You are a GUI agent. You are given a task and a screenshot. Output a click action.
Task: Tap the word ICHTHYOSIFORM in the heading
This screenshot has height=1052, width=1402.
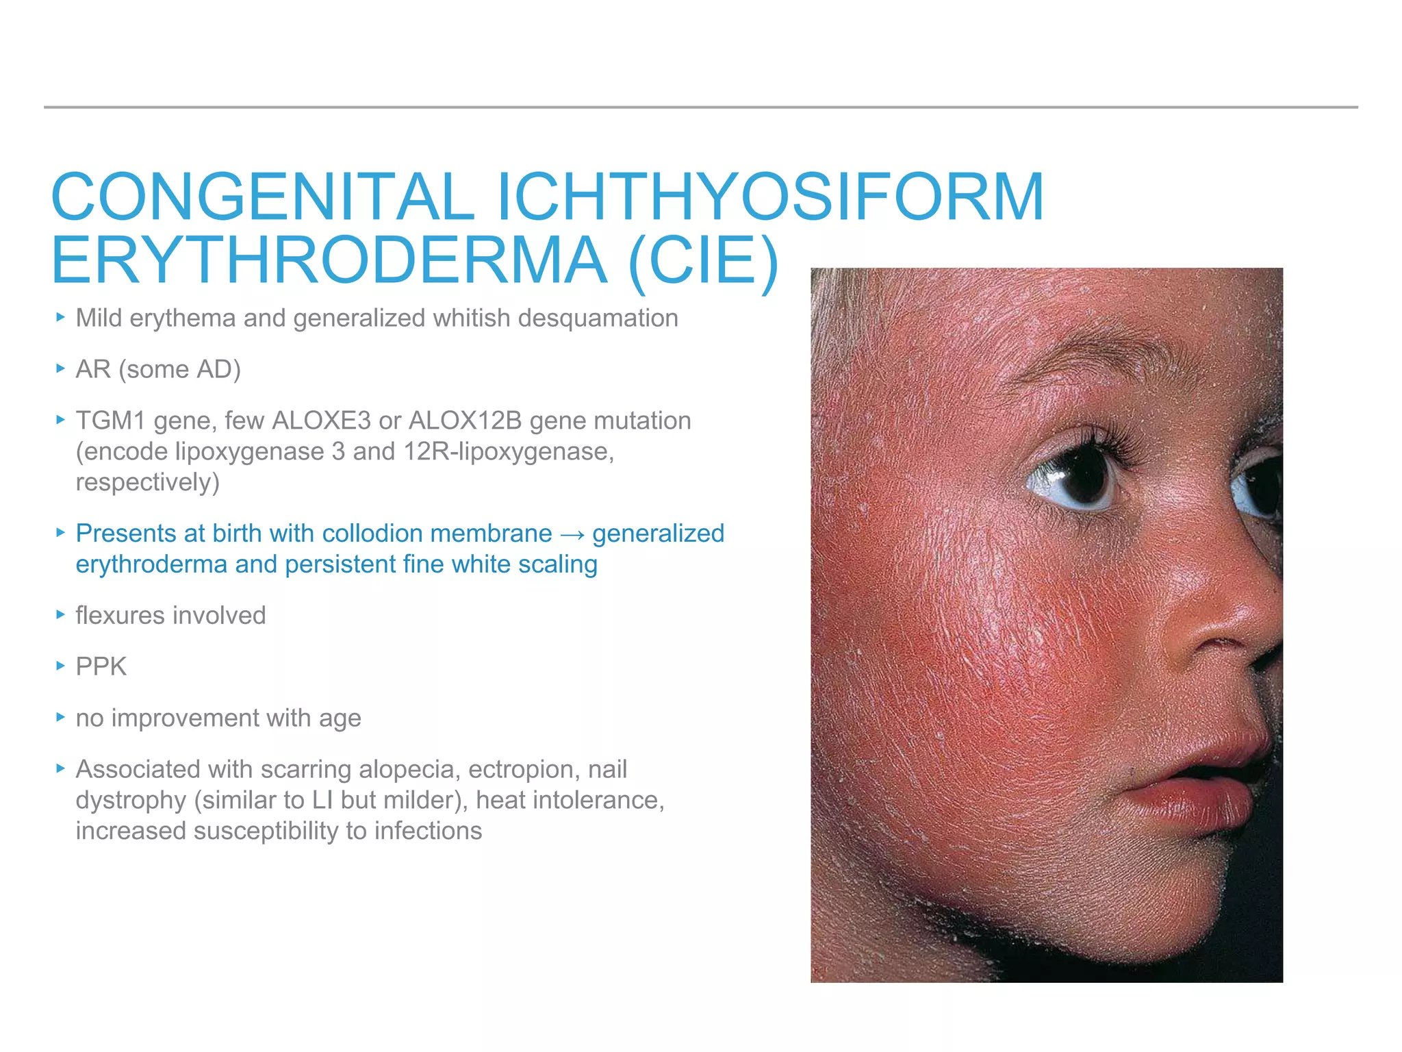point(769,197)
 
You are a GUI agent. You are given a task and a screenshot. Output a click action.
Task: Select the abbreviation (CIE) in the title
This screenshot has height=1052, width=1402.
point(703,261)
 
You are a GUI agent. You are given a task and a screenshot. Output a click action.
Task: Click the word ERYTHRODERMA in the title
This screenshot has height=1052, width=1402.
point(329,261)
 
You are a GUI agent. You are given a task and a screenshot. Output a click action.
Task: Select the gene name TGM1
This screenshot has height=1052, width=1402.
point(110,421)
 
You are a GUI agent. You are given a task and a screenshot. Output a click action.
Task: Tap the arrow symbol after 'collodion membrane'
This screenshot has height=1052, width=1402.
point(572,534)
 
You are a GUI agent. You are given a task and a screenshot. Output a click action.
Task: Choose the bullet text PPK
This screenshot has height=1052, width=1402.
point(101,666)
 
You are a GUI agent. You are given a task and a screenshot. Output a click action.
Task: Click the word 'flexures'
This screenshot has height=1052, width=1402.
point(123,615)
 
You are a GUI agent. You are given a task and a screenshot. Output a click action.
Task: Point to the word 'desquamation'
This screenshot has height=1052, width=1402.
point(598,318)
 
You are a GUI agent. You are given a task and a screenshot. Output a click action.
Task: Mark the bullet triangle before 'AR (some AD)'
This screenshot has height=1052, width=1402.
point(61,368)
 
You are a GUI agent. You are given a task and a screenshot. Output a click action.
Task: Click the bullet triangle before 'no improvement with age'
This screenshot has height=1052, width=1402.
point(61,717)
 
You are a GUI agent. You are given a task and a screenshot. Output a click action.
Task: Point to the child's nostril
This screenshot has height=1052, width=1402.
point(1225,644)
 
